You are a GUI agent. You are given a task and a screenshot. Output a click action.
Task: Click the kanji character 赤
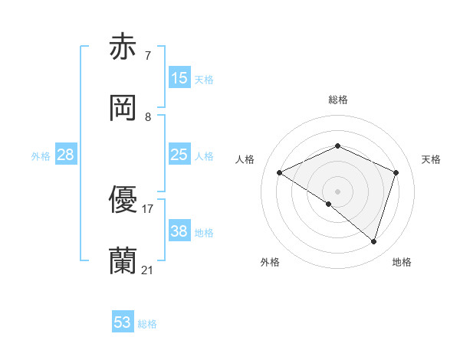click(123, 47)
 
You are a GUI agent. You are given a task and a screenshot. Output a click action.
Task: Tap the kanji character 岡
click(123, 109)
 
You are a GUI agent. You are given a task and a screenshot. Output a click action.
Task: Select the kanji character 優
click(123, 200)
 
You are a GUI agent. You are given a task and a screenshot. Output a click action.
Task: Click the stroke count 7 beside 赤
click(147, 56)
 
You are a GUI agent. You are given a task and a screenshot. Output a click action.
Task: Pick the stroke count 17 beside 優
click(148, 208)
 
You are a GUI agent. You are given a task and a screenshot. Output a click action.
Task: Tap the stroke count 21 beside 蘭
click(148, 270)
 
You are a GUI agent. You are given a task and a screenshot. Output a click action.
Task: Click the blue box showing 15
click(179, 77)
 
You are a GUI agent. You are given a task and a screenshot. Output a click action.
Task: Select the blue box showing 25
click(179, 155)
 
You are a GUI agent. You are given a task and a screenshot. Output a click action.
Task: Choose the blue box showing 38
click(179, 231)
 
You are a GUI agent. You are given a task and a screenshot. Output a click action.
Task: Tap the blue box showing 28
click(66, 155)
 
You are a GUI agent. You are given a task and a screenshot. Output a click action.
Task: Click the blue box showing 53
click(123, 322)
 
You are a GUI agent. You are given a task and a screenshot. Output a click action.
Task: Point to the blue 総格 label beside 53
click(147, 324)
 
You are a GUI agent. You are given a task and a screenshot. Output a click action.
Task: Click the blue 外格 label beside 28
click(41, 156)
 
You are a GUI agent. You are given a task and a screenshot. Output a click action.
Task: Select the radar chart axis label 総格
click(338, 100)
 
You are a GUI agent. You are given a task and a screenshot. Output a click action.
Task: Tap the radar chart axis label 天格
click(431, 159)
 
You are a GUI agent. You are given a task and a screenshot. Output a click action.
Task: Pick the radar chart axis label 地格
click(402, 262)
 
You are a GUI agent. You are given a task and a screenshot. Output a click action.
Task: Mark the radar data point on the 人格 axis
click(280, 173)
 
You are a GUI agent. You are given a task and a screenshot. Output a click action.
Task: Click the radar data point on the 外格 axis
click(329, 205)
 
